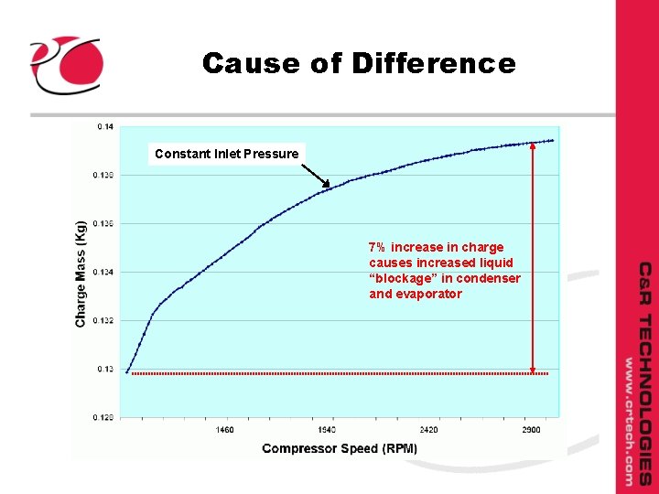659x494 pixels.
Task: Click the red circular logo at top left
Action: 66,63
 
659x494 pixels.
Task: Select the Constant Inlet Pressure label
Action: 226,154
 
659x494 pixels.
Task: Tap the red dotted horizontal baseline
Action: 339,373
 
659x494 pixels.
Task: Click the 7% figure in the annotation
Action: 377,247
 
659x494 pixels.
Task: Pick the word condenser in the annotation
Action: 492,278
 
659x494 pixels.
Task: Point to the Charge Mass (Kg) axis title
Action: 81,273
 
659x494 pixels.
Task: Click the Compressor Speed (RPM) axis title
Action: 340,448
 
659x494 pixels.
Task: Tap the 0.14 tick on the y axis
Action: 105,126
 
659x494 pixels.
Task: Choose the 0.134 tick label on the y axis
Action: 103,272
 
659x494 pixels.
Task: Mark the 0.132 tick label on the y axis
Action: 103,320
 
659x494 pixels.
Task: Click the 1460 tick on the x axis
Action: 224,429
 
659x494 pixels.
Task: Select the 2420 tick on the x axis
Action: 428,429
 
